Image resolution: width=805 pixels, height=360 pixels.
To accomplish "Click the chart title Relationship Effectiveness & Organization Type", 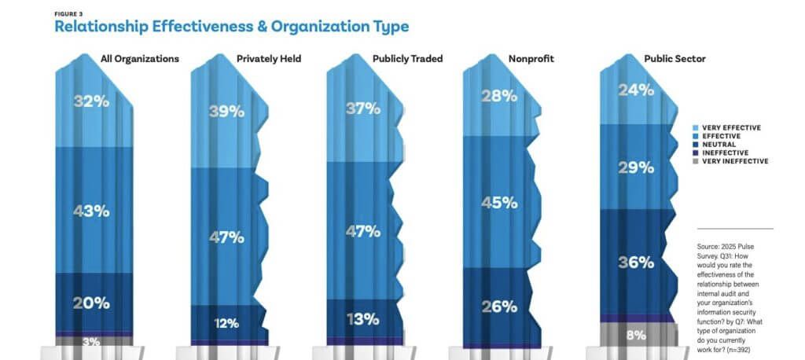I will [x=231, y=26].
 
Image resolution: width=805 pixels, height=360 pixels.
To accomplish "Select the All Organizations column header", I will [x=140, y=58].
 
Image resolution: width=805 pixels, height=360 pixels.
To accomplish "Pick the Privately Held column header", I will [x=270, y=58].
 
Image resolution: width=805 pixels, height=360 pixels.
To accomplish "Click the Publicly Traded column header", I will [x=406, y=58].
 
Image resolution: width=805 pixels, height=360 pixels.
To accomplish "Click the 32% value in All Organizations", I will [x=92, y=101].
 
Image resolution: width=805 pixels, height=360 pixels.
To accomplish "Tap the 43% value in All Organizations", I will [x=92, y=211].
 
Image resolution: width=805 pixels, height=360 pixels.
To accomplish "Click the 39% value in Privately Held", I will [x=226, y=112].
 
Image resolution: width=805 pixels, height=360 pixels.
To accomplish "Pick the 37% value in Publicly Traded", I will [x=363, y=109].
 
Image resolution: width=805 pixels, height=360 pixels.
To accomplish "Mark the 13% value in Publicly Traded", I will [x=363, y=319].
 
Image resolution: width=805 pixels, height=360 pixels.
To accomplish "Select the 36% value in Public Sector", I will [x=636, y=262].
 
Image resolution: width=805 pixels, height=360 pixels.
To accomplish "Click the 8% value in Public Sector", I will [x=636, y=335].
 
